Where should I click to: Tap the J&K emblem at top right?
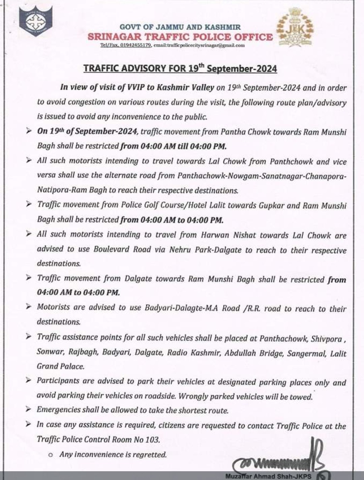[295, 30]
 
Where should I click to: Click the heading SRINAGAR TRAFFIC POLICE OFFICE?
[180, 37]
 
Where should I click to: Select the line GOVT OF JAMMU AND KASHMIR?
[180, 27]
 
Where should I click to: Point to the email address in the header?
[199, 46]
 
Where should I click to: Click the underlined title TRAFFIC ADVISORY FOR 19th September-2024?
[180, 68]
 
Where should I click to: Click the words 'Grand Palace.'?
[61, 366]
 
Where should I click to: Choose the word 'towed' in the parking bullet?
[301, 397]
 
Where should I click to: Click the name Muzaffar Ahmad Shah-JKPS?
[269, 476]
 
